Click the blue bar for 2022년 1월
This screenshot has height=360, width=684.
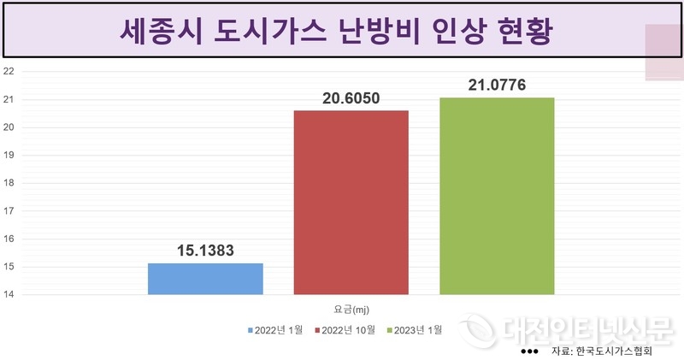[x=205, y=279]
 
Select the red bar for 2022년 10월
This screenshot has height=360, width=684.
[x=351, y=203]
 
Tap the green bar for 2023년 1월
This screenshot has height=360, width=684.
[x=497, y=196]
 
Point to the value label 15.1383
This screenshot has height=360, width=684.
[x=205, y=251]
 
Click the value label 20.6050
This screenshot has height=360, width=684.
[x=351, y=98]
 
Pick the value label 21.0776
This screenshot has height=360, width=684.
[x=497, y=85]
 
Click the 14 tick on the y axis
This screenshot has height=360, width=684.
[x=9, y=295]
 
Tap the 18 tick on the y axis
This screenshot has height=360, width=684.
[x=9, y=184]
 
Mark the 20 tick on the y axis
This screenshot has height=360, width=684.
[x=9, y=128]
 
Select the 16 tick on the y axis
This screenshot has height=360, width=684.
[x=9, y=239]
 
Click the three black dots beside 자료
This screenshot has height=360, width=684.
[x=529, y=351]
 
